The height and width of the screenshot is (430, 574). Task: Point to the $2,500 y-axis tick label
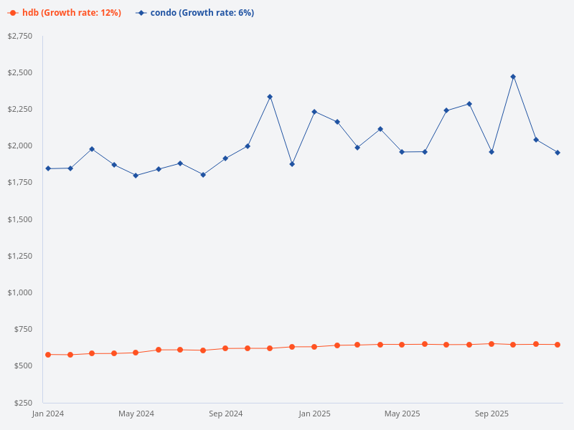point(19,72)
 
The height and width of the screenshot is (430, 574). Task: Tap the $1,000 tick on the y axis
point(19,292)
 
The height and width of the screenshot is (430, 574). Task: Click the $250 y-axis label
point(22,403)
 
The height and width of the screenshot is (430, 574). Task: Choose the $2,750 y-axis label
point(19,36)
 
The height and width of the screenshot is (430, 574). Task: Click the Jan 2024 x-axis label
point(48,414)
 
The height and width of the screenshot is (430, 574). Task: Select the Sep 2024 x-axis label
point(225,414)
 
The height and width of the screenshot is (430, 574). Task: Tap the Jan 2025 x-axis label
point(314,414)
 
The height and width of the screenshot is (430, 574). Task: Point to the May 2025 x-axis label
point(402,414)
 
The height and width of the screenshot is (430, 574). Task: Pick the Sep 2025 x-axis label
point(491,414)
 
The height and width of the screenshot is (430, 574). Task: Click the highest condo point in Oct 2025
point(513,77)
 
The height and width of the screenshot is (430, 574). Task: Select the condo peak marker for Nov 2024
point(270,97)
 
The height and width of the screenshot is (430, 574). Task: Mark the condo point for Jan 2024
point(48,168)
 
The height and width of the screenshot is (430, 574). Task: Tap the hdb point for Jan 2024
point(48,355)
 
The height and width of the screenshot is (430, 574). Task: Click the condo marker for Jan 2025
point(314,112)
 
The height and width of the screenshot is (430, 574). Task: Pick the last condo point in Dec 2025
point(557,153)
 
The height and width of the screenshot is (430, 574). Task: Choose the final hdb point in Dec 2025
point(557,345)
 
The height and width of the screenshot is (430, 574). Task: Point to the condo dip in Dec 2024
point(292,164)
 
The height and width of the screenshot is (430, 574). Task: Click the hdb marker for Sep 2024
point(225,348)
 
